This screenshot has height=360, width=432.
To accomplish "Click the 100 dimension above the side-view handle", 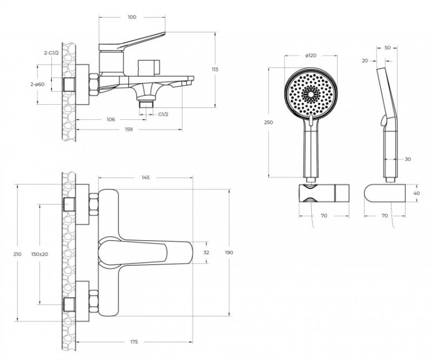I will coord(131,17).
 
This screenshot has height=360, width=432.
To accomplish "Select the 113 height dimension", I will coord(215,69).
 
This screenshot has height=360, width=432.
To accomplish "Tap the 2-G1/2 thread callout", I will coord(52,52).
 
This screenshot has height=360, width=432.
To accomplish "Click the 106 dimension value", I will coord(111,120).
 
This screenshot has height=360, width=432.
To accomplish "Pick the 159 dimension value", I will coord(128,130).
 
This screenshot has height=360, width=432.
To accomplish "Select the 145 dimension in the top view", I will coord(145,177).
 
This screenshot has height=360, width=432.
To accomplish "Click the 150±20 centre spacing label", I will coord(40,253).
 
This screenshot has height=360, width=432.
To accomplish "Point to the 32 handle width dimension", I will coord(207,252).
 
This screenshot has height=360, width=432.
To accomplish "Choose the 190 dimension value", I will coord(229,252).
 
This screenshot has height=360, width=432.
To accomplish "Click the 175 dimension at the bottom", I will coord(134,343).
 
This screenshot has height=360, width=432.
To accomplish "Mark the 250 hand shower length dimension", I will coord(268,122).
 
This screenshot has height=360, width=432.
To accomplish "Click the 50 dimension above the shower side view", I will coord(387,48).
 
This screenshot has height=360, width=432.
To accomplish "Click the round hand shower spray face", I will coord(310,91).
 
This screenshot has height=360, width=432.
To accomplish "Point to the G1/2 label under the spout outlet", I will coord(164,113).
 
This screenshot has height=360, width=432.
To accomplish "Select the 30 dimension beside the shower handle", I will coord(408,159).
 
